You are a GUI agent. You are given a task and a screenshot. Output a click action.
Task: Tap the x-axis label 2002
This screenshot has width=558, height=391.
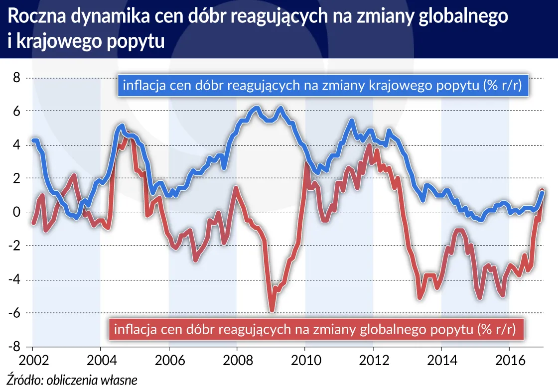coord(32,360)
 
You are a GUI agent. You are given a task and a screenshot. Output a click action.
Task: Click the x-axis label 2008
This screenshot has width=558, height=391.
coord(237,360)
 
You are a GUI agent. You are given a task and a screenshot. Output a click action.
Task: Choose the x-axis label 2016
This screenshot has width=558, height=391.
coord(509,360)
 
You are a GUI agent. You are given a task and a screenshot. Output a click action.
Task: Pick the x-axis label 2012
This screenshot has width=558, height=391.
coord(373,360)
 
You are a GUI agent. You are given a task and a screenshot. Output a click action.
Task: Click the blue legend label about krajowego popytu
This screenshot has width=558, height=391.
coord(322,85)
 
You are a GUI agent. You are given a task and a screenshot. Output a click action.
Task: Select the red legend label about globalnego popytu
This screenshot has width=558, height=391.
coord(317,329)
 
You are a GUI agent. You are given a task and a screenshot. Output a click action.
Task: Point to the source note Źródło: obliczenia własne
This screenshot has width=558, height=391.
coord(71,380)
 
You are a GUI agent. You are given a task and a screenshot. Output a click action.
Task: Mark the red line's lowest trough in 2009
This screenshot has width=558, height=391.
coord(272,310)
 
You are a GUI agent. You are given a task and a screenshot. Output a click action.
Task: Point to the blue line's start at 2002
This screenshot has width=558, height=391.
coord(33,140)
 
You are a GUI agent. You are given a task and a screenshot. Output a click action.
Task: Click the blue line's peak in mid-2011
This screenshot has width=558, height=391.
coord(351,121)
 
